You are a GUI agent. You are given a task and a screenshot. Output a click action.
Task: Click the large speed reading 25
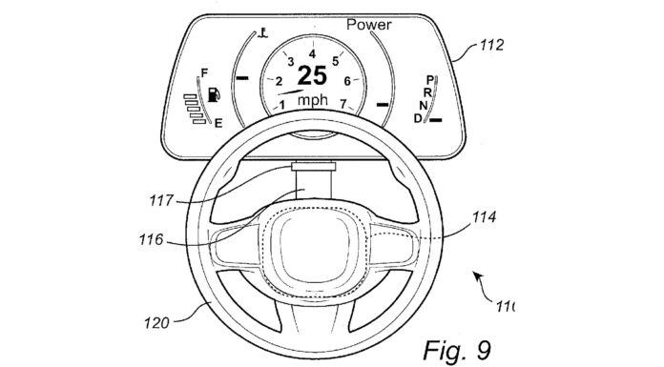tap(312, 75)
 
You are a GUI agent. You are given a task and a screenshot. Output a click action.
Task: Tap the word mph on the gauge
tap(313, 100)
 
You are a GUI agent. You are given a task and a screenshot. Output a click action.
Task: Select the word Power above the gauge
tap(368, 25)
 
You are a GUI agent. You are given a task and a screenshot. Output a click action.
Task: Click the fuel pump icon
tap(214, 94)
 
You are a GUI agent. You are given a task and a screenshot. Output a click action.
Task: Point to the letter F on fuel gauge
tap(204, 73)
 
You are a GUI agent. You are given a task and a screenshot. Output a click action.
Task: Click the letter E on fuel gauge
tap(218, 124)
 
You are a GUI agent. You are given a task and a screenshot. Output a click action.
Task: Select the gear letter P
tap(430, 79)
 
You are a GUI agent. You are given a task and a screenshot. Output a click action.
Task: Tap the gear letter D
tap(418, 118)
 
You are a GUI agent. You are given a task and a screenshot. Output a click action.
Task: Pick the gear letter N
tap(423, 106)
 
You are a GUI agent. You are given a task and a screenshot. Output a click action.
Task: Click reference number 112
tap(491, 46)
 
